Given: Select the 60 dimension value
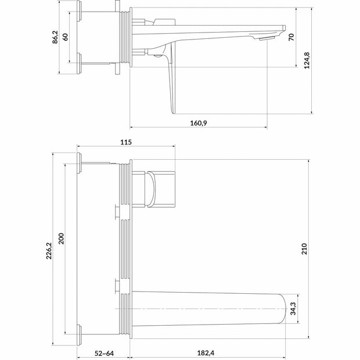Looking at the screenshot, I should (x=66, y=35).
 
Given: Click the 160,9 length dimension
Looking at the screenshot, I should (x=197, y=123).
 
